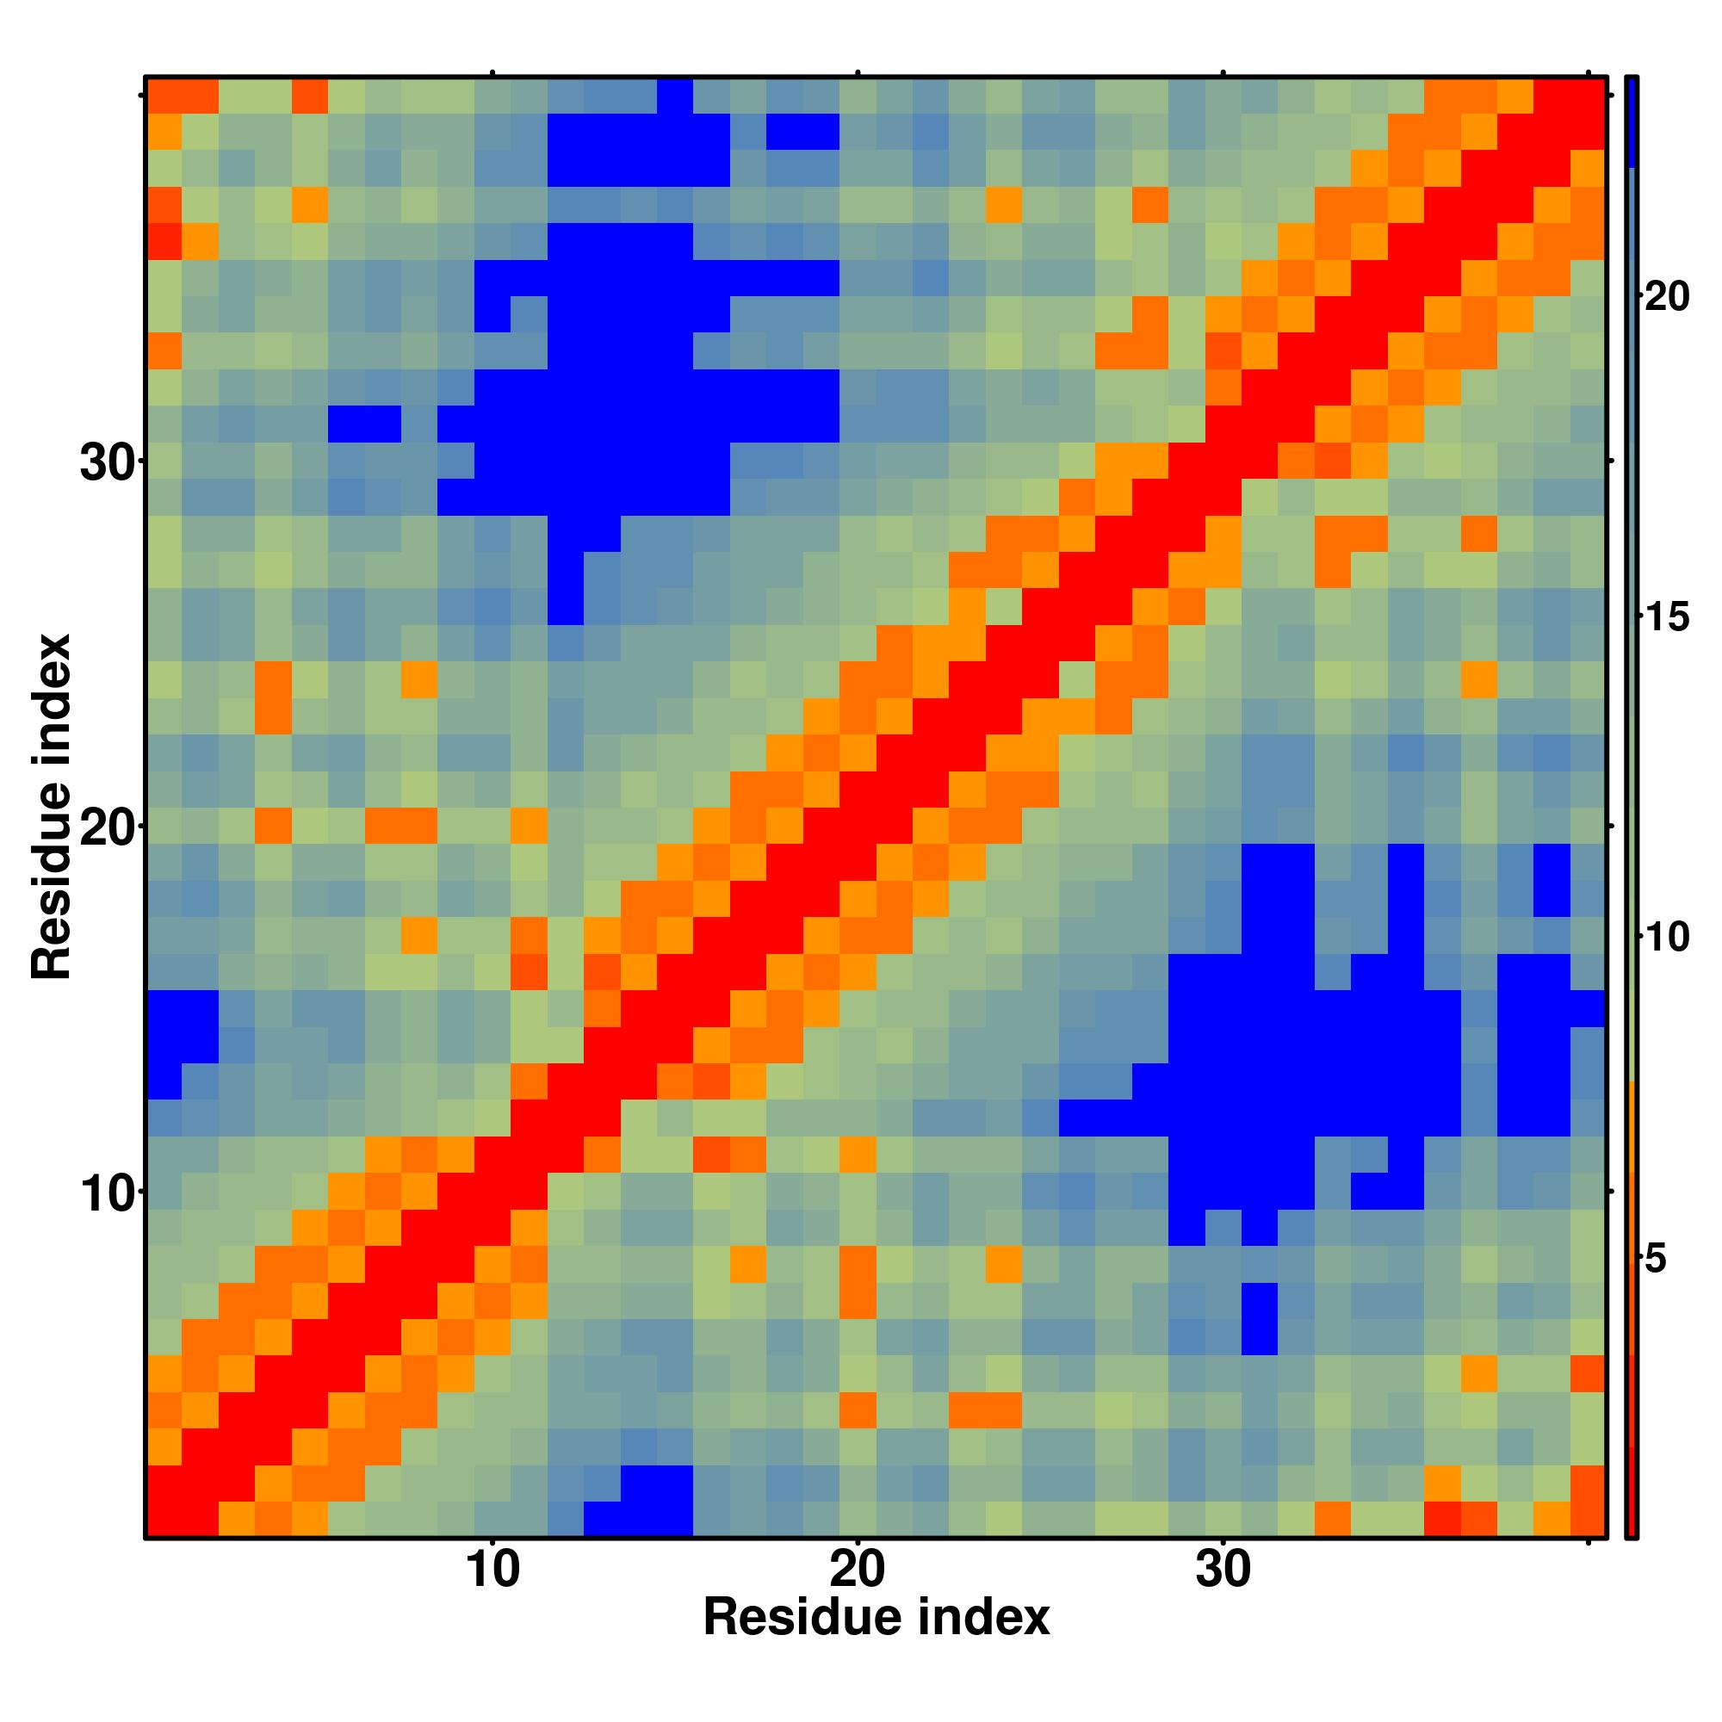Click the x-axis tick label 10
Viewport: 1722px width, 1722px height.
tap(492, 1595)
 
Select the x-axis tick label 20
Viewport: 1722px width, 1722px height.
tap(858, 1595)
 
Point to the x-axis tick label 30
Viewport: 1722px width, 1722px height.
tap(1223, 1595)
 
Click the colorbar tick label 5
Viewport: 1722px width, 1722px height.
tap(1655, 1259)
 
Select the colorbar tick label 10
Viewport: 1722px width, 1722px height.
tap(1666, 937)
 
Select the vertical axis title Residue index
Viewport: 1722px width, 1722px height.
tap(51, 807)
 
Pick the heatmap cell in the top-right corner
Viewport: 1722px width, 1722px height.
tap(1588, 96)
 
